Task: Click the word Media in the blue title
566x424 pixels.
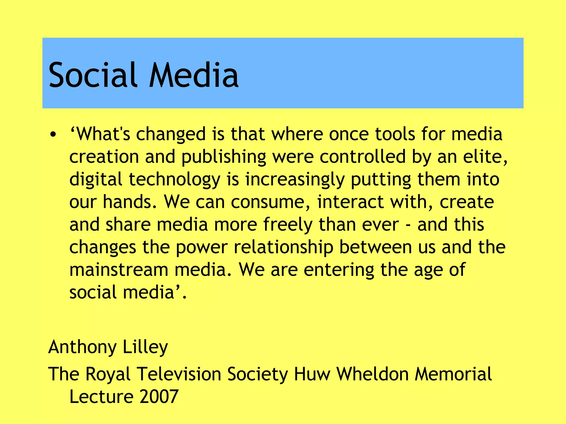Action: [x=193, y=75]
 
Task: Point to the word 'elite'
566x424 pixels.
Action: [x=485, y=157]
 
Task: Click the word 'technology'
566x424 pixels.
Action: [x=174, y=180]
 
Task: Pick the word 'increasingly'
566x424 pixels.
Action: [x=295, y=180]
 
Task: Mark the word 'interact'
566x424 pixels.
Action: [x=350, y=202]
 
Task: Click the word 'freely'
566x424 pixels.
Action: [x=288, y=225]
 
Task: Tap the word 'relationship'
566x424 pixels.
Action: [x=283, y=247]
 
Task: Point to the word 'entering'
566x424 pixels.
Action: [x=339, y=270]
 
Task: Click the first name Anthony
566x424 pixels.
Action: [x=82, y=347]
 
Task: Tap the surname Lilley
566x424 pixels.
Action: [x=145, y=347]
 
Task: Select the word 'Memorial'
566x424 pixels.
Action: [x=453, y=374]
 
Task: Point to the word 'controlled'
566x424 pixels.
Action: [x=363, y=157]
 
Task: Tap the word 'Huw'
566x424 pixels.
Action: [x=312, y=374]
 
